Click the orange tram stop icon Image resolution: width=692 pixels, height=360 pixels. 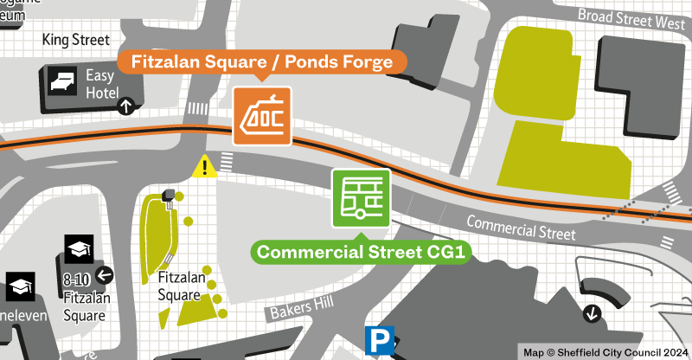click(262, 115)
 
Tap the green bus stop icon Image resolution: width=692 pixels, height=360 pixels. click(362, 198)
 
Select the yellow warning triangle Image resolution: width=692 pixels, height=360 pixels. click(205, 165)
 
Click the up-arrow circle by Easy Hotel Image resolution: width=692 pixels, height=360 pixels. click(126, 106)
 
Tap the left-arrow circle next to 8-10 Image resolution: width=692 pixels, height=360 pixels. click(105, 276)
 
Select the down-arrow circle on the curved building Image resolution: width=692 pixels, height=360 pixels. click(593, 312)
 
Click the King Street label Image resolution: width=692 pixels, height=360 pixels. click(76, 40)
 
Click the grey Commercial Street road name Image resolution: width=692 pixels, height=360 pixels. click(521, 228)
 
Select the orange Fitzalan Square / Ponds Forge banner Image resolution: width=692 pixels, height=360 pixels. click(262, 61)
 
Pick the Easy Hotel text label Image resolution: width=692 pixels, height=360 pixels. click(100, 82)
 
